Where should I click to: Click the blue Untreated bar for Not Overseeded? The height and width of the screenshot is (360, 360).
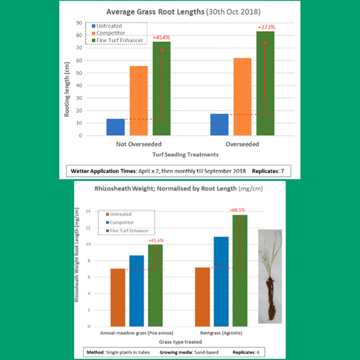coord(115,127)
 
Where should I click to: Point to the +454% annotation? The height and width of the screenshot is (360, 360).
coord(162,38)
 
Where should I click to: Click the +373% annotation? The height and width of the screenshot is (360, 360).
coord(265,26)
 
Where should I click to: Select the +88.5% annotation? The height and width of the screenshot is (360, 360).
coord(240,210)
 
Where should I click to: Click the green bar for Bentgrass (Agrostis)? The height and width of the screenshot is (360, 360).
coord(240,271)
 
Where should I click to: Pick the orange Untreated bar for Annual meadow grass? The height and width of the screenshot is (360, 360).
coord(118,298)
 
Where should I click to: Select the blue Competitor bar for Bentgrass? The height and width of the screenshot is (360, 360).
coord(221,281)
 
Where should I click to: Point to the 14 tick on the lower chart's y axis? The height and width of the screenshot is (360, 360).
coord(88,211)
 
